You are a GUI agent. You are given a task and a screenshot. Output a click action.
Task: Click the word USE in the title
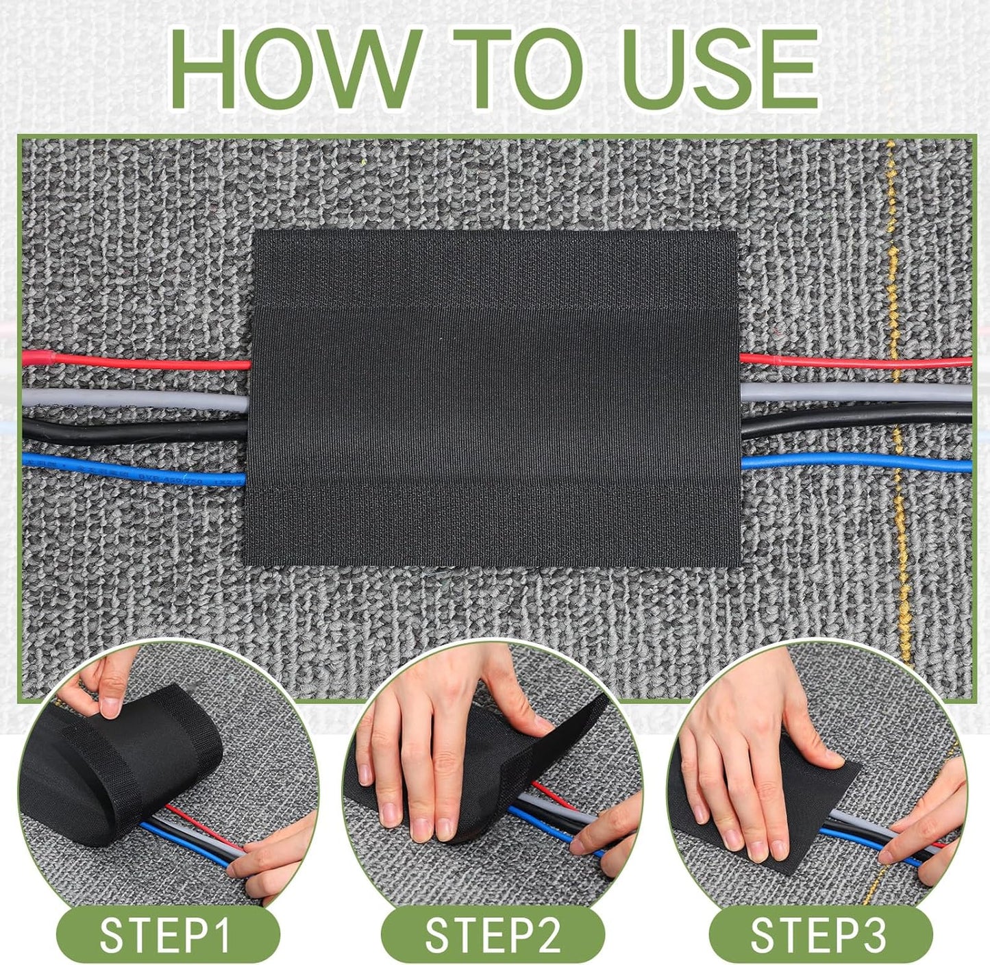tap(719, 68)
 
